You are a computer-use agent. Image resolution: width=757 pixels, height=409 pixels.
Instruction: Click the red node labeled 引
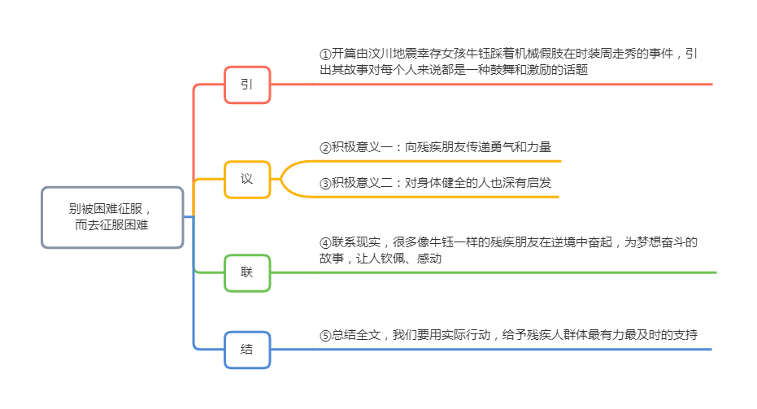[x=247, y=85]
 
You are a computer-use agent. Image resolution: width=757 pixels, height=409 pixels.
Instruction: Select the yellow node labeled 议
[x=247, y=179]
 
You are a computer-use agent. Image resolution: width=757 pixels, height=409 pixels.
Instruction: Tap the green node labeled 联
[x=247, y=272]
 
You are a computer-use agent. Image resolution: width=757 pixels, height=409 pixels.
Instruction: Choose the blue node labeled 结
[x=247, y=350]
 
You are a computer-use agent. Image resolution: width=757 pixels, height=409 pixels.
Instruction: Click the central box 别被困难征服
[x=112, y=217]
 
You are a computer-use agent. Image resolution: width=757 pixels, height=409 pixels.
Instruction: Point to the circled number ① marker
[x=325, y=54]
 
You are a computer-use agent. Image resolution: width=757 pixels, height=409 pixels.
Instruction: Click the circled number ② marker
[x=325, y=148]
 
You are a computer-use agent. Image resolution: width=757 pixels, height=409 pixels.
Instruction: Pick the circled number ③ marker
[x=325, y=182]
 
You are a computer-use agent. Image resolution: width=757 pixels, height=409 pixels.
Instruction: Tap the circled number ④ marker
[x=325, y=242]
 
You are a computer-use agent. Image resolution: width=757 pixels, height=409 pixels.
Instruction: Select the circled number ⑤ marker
[x=325, y=335]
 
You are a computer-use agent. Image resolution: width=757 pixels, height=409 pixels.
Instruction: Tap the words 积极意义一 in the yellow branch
[x=362, y=148]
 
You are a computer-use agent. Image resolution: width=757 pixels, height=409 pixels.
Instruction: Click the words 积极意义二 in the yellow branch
[x=362, y=182]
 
